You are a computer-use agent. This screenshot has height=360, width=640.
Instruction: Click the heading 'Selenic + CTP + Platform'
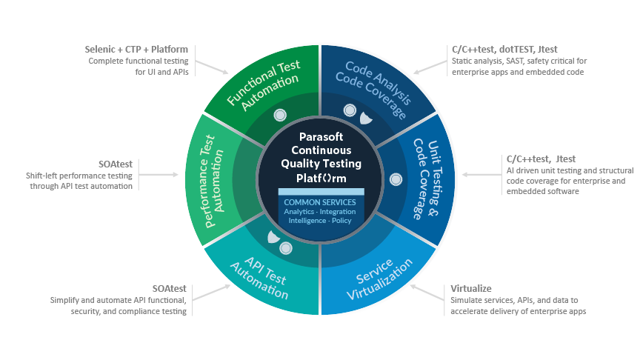click(x=136, y=49)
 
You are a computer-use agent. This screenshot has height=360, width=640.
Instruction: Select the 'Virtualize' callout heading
click(x=471, y=288)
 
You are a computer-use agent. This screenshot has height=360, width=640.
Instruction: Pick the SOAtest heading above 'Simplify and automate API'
click(x=172, y=288)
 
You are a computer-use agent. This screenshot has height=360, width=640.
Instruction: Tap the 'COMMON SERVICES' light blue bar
click(x=320, y=201)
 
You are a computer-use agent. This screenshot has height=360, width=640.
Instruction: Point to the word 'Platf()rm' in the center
click(x=320, y=179)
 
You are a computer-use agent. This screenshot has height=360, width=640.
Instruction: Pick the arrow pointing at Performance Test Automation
click(x=158, y=175)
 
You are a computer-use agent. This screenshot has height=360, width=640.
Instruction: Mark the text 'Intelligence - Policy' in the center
click(x=320, y=220)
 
